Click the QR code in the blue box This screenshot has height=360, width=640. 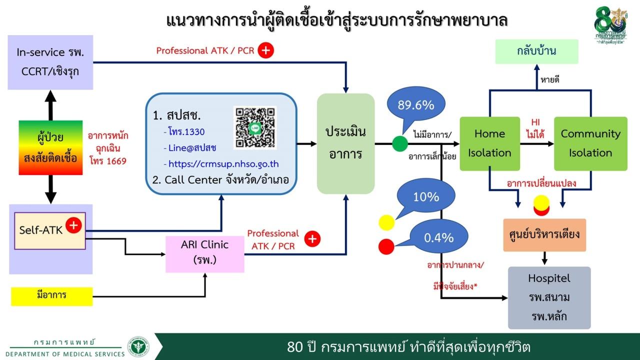tap(255, 127)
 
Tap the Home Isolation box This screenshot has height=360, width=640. tap(489, 143)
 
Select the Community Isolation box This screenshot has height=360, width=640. tap(590, 143)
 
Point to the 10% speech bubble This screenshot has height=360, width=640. tap(425, 197)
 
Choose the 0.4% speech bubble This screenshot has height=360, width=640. tap(438, 237)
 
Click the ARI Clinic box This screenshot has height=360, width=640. tap(204, 252)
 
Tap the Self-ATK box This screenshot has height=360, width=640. tap(50, 230)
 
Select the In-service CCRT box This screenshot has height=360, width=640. tap(50, 62)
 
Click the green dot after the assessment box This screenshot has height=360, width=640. tap(400, 144)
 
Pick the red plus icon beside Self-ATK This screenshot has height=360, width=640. tap(73, 225)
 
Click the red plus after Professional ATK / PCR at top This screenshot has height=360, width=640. tap(265, 50)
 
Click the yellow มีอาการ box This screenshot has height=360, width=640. tap(51, 295)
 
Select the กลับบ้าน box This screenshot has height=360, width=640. tap(536, 51)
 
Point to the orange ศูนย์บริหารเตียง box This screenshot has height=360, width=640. tap(545, 234)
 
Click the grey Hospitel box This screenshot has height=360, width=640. tap(549, 297)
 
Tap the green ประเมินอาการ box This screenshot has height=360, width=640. tap(345, 143)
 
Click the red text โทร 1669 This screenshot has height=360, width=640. tap(108, 161)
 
